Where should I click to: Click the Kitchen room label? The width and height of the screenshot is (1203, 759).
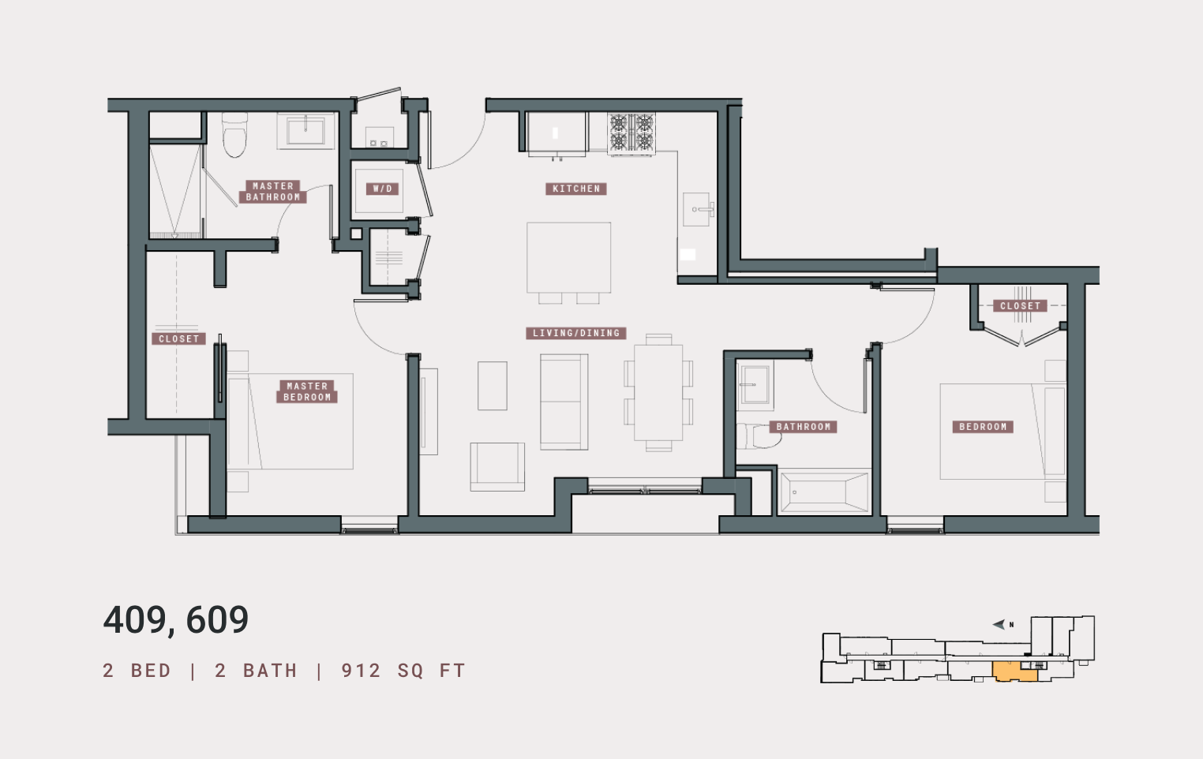pyautogui.click(x=575, y=189)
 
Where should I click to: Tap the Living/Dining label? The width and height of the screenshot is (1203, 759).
pyautogui.click(x=575, y=333)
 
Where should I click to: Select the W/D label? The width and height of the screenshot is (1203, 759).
pyautogui.click(x=382, y=189)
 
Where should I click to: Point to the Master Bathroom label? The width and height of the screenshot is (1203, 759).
pyautogui.click(x=273, y=192)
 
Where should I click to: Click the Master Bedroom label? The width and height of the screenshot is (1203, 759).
pyautogui.click(x=306, y=391)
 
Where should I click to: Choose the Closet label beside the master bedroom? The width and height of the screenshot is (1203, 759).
pyautogui.click(x=179, y=338)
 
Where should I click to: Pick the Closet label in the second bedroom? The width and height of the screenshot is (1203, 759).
pyautogui.click(x=1020, y=305)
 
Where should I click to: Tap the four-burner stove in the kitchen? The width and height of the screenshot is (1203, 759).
pyautogui.click(x=631, y=133)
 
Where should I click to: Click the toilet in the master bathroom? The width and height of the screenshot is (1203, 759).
pyautogui.click(x=234, y=134)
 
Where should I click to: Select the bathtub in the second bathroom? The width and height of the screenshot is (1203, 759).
pyautogui.click(x=824, y=492)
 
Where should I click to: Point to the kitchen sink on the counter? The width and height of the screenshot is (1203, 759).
pyautogui.click(x=696, y=209)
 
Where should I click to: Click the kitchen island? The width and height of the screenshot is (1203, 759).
pyautogui.click(x=568, y=257)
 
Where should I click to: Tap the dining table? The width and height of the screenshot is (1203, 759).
pyautogui.click(x=658, y=392)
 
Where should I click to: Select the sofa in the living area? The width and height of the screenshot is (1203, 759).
pyautogui.click(x=564, y=402)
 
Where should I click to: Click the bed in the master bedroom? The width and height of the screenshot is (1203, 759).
pyautogui.click(x=290, y=421)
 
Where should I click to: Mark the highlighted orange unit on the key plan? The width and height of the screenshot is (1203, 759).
pyautogui.click(x=1014, y=671)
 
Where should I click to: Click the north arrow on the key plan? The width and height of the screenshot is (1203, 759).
pyautogui.click(x=999, y=624)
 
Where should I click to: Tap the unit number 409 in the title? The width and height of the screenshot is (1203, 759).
pyautogui.click(x=135, y=620)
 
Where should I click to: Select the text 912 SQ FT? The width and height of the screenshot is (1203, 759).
pyautogui.click(x=403, y=671)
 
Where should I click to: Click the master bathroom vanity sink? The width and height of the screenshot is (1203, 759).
pyautogui.click(x=305, y=131)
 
